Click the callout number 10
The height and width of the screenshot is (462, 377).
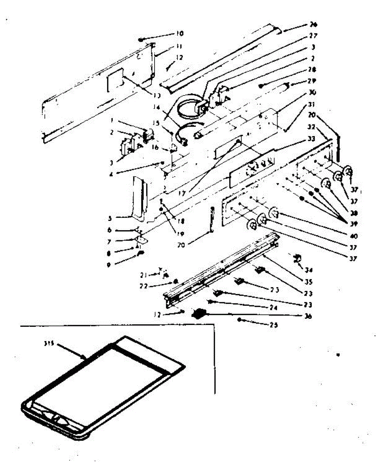tap(179, 33)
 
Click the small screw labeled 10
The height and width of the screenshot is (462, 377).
tap(141, 39)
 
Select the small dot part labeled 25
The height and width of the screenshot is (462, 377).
tap(240, 320)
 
